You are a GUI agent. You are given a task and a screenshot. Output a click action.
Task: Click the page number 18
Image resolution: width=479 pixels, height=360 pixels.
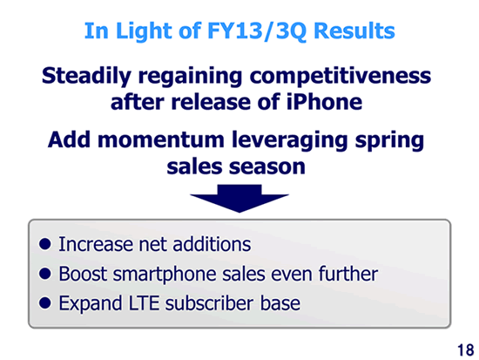coord(466,350)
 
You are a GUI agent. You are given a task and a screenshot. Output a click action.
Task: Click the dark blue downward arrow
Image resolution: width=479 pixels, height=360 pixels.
coord(239,198)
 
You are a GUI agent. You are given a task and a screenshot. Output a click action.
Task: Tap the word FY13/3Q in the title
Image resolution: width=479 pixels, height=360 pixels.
coord(257,31)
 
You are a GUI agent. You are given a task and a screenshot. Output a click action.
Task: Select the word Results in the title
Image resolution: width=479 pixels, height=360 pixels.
coord(354,31)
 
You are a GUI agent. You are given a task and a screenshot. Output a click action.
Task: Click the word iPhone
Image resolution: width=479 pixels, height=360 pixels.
coord(325,102)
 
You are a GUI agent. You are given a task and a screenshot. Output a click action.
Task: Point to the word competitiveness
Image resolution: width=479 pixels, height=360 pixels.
coord(340,76)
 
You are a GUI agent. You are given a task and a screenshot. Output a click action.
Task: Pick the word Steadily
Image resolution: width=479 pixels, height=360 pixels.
coord(86,76)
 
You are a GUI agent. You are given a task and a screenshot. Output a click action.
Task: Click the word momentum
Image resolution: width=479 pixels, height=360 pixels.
coord(161,139)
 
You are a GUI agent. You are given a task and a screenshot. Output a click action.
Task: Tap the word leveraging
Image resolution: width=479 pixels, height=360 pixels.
coord(290,140)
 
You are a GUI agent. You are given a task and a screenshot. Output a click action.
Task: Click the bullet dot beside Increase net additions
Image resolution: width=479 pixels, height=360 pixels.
coord(45,244)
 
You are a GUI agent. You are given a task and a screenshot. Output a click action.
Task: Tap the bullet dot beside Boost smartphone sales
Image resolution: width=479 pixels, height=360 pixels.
coord(45,274)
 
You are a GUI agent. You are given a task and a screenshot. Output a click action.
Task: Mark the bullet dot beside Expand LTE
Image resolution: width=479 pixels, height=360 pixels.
coord(45,302)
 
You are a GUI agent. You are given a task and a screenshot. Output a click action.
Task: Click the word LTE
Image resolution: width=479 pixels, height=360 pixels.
coord(144,303)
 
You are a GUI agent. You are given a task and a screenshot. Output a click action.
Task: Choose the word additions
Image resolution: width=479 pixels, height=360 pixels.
coord(212,244)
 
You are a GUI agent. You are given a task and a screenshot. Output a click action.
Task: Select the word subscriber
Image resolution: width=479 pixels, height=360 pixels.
coord(210,303)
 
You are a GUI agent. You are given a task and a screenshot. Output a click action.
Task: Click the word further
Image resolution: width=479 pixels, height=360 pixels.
coord(348,274)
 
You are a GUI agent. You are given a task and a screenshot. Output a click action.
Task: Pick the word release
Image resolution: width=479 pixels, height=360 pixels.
coord(210,102)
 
